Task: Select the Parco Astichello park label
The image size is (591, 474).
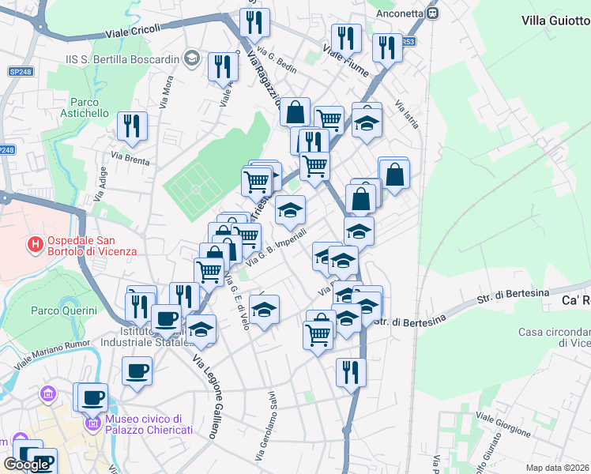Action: pyautogui.click(x=89, y=107)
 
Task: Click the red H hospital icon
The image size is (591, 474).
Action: pyautogui.click(x=35, y=245)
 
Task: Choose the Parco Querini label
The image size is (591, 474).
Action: pyautogui.click(x=62, y=310)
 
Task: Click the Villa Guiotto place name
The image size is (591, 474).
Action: pyautogui.click(x=555, y=21)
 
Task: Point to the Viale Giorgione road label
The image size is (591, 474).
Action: pyautogui.click(x=503, y=424)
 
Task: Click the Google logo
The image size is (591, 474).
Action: pyautogui.click(x=26, y=465)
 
